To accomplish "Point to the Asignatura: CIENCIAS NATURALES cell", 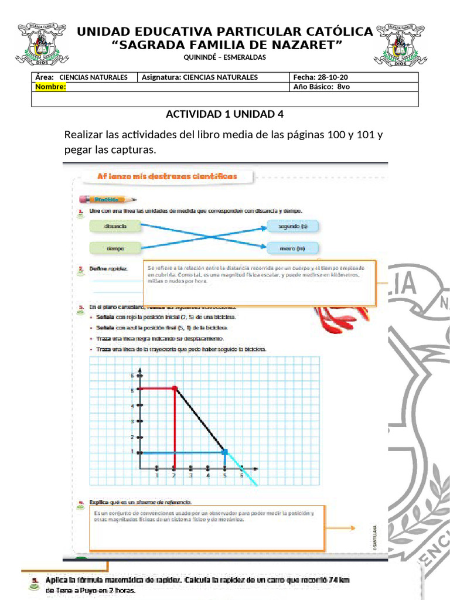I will coord(200,77).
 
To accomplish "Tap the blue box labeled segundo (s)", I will coord(292,226).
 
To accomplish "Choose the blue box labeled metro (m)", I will coord(292,248).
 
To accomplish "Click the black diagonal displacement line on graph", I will coord(200,420).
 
